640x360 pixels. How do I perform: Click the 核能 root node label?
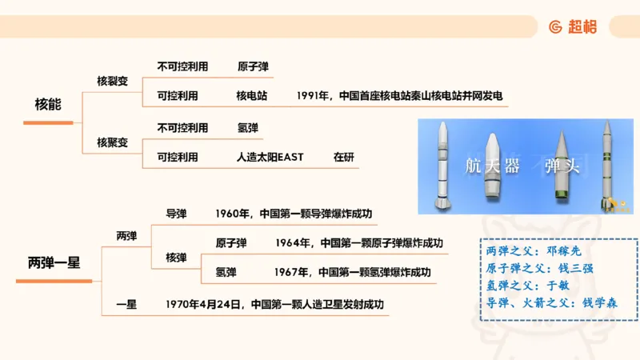tap(48, 105)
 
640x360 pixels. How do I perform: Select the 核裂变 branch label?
tap(112, 81)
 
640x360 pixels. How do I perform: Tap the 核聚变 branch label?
tap(112, 142)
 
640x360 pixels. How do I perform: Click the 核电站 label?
tap(251, 96)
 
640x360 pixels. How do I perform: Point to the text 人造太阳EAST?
tap(270, 158)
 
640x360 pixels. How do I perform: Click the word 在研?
tap(343, 158)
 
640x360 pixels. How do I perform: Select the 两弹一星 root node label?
tap(54, 262)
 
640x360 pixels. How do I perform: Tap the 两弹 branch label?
tap(126, 236)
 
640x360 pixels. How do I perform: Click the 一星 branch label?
tap(126, 304)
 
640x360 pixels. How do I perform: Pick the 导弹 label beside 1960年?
tap(176, 214)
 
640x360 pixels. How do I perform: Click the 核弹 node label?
tap(176, 258)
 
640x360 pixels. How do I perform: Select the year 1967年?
tap(291, 272)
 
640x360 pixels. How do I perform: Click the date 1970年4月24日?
tap(203, 304)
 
